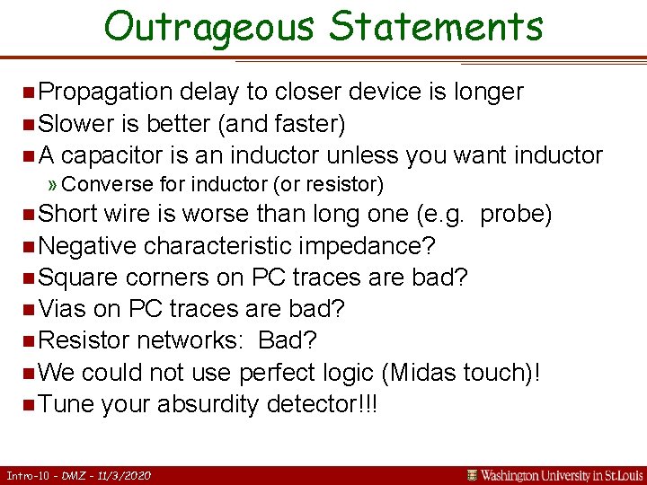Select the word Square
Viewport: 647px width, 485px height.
[x=78, y=278]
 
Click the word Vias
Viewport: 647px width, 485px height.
[x=63, y=309]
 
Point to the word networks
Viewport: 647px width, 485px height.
[x=184, y=340]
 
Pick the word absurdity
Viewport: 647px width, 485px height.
[x=208, y=404]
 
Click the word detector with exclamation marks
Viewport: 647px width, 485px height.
[x=323, y=404]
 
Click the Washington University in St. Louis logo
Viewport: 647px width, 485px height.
[x=556, y=475]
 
